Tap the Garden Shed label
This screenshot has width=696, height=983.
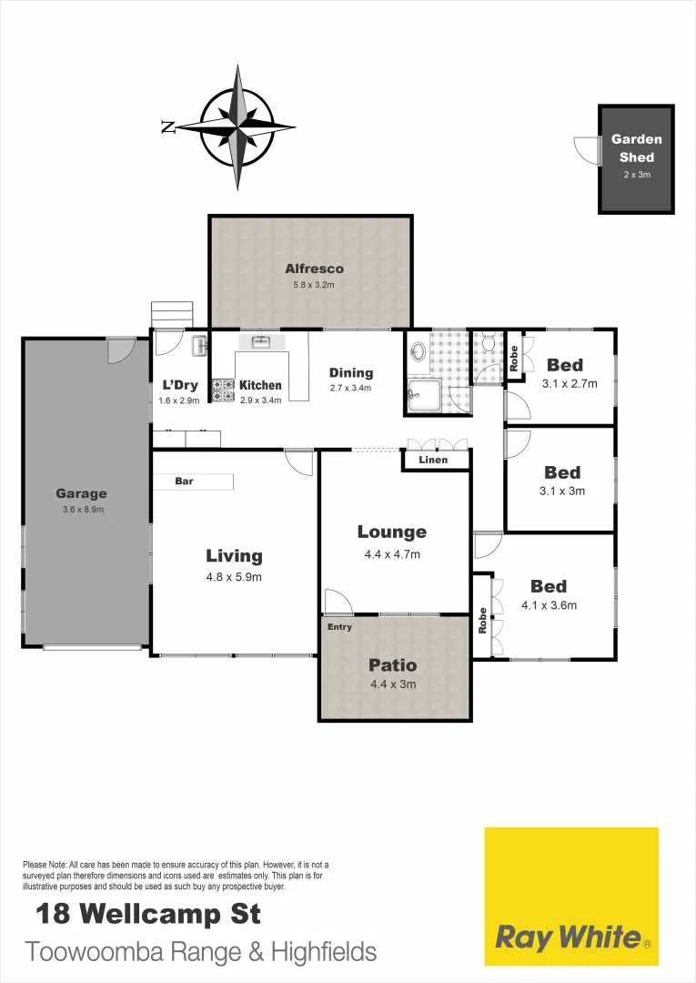(636, 148)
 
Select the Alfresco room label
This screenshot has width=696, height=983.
(314, 269)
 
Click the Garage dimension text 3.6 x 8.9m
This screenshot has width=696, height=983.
(81, 510)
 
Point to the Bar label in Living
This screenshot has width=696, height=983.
(184, 481)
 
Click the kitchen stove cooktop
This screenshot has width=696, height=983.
(223, 390)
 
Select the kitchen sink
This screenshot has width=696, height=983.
(262, 342)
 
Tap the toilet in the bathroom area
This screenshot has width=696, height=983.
(488, 344)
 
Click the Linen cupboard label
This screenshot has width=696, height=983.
(433, 461)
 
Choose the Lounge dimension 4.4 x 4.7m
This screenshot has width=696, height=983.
(392, 554)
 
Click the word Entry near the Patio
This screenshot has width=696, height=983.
(338, 627)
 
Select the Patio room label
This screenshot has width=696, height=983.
(393, 665)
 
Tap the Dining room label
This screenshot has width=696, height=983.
(351, 372)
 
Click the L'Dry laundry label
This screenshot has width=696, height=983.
(173, 385)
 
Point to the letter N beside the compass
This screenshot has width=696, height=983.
(168, 127)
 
